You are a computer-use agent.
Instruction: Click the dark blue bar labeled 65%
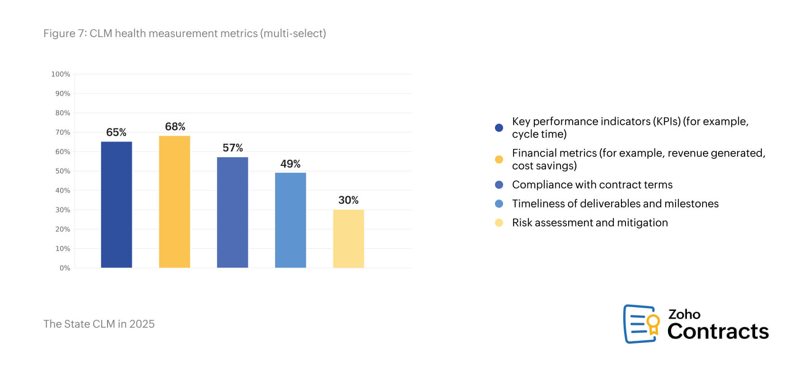pos(116,205)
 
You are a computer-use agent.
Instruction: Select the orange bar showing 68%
pos(174,202)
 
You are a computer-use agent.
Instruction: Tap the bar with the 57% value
pos(232,212)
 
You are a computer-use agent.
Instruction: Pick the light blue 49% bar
pos(290,220)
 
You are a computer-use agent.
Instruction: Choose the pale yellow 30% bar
pos(348,239)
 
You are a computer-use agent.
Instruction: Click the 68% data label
pos(175,127)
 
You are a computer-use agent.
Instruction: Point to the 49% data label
pos(290,164)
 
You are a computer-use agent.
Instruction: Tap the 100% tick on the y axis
pos(61,74)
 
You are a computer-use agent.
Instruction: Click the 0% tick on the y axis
pos(65,268)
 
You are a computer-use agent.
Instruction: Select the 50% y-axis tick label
pos(63,171)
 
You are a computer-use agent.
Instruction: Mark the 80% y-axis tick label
pos(63,113)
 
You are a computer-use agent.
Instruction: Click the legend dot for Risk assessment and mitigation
pos(499,223)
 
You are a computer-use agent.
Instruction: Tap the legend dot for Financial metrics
pos(499,160)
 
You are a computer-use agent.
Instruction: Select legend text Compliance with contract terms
pos(592,185)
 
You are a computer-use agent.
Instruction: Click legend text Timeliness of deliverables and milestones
pos(615,204)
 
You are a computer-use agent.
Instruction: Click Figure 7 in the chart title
pos(64,33)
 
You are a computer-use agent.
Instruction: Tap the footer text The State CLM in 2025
pos(99,324)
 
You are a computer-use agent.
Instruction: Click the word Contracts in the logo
pos(718,331)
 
